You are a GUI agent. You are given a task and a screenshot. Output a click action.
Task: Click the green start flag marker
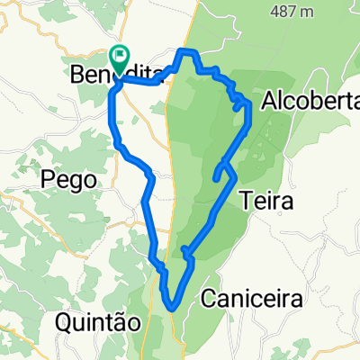pos(120,57)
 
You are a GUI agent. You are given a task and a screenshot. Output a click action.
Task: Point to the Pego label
pos(69,181)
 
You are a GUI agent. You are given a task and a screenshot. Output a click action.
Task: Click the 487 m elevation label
pos(291,13)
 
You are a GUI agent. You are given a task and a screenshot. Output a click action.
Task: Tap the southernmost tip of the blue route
pos(171,309)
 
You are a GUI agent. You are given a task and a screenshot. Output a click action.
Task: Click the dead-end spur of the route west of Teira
pos(215,178)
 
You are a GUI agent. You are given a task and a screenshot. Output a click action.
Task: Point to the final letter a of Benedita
pos(155,76)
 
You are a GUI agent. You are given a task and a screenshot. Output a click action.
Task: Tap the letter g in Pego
pos(76,183)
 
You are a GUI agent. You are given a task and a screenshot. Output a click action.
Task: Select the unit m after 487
pos(308,13)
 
